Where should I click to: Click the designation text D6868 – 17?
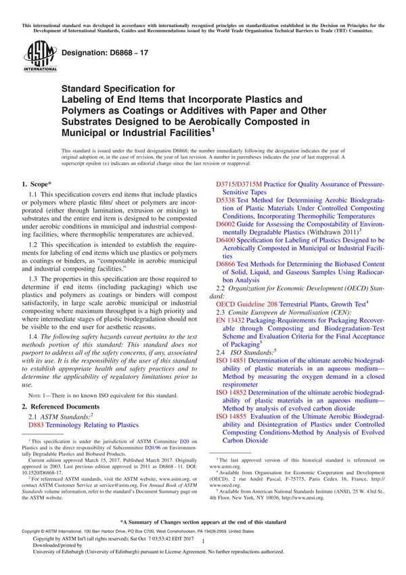click(107, 52)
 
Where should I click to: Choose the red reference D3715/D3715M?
click(238, 184)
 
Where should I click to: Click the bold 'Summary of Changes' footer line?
click(202, 523)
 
